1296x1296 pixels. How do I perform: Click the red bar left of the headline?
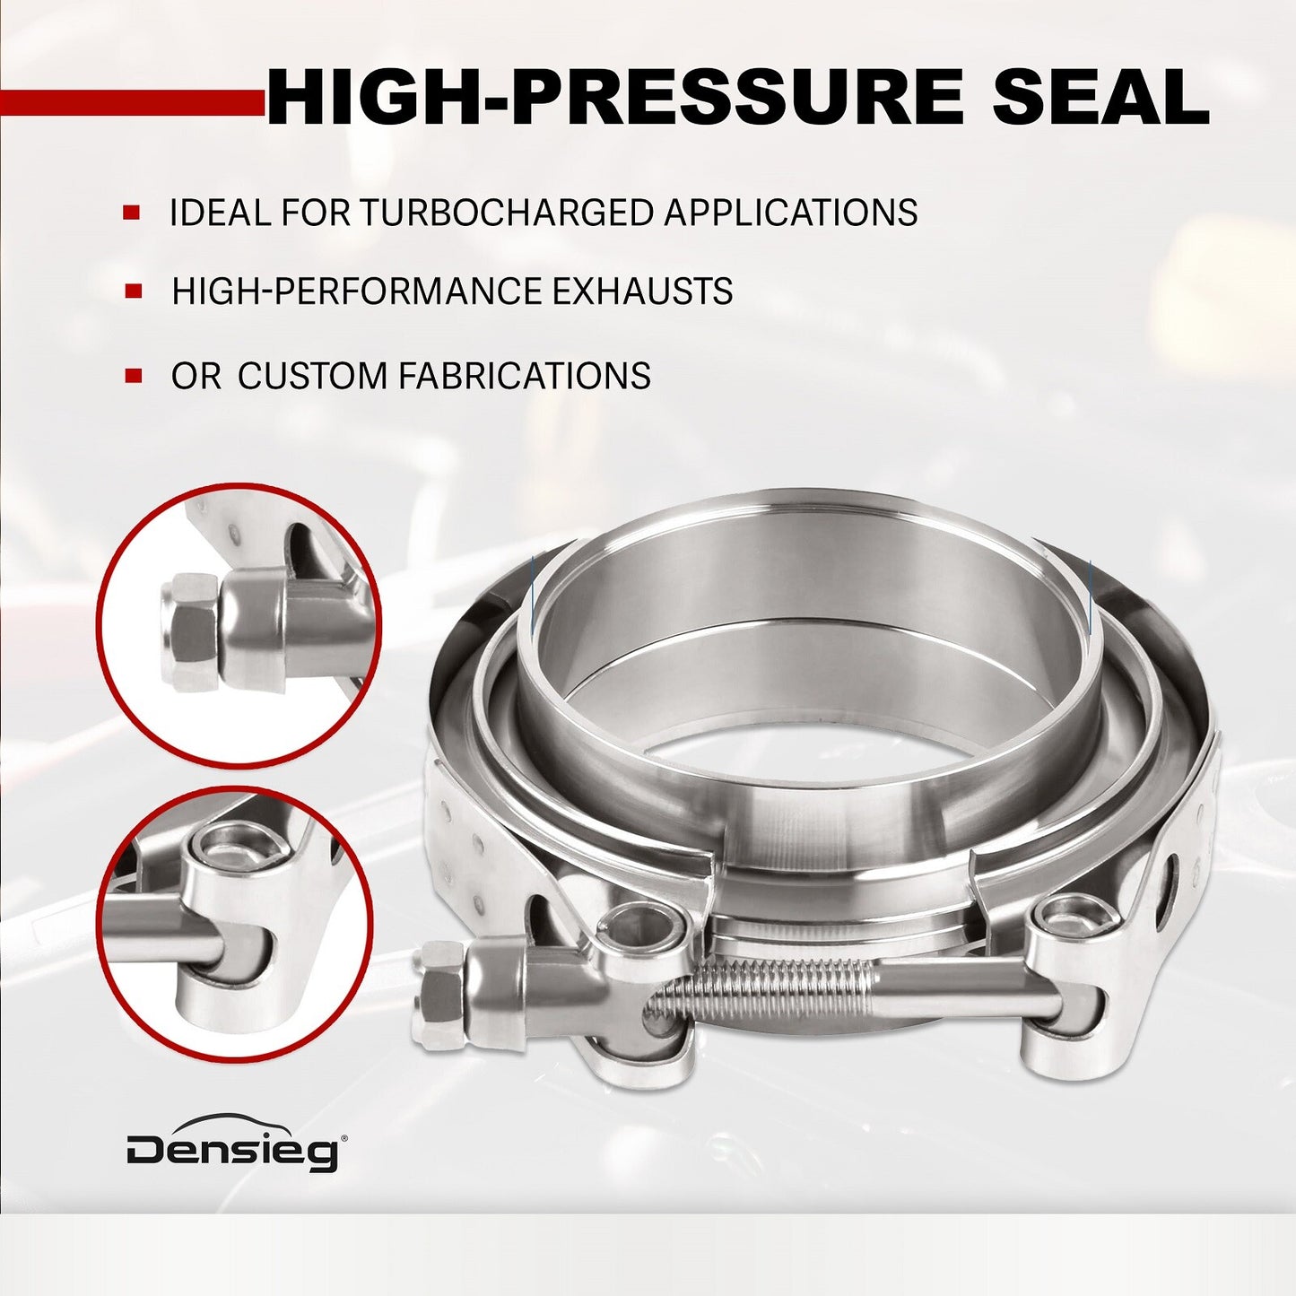click(x=133, y=101)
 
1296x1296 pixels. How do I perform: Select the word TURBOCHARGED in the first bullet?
click(x=507, y=213)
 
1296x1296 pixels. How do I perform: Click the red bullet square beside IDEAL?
click(x=132, y=213)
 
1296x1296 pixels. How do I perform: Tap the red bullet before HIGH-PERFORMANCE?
click(x=134, y=291)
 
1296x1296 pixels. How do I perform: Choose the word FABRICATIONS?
click(x=525, y=375)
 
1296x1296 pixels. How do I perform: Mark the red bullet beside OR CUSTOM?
click(x=134, y=375)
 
